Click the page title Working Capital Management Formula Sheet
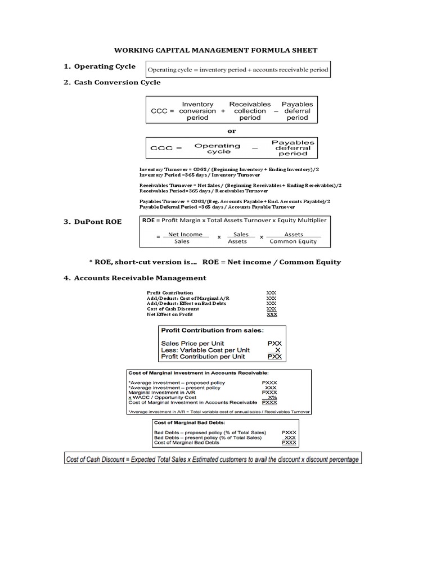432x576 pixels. [x=216, y=50]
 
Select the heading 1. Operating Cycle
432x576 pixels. [x=99, y=66]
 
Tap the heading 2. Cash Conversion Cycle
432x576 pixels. [x=112, y=82]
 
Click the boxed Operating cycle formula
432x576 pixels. [x=237, y=70]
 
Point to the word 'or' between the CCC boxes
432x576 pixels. [x=231, y=130]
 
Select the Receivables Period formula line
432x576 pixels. [x=205, y=191]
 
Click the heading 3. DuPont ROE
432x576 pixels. [x=92, y=222]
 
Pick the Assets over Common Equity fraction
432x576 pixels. [x=293, y=237]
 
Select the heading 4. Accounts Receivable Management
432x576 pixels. [x=135, y=278]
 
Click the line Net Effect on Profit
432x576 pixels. [x=170, y=314]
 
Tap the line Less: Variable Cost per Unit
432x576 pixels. [x=205, y=349]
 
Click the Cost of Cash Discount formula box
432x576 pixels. [x=211, y=459]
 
